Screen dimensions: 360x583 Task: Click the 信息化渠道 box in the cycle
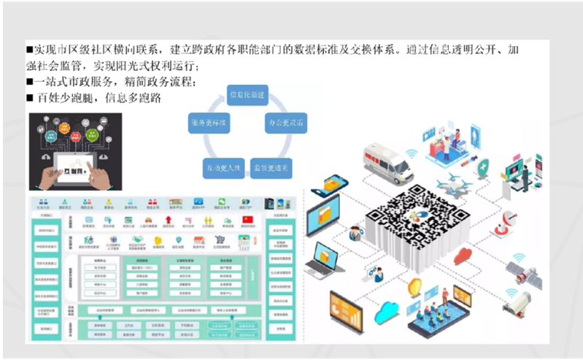[x=246, y=96]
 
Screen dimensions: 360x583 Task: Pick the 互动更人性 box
[x=223, y=169]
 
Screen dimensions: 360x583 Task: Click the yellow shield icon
[x=414, y=286]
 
